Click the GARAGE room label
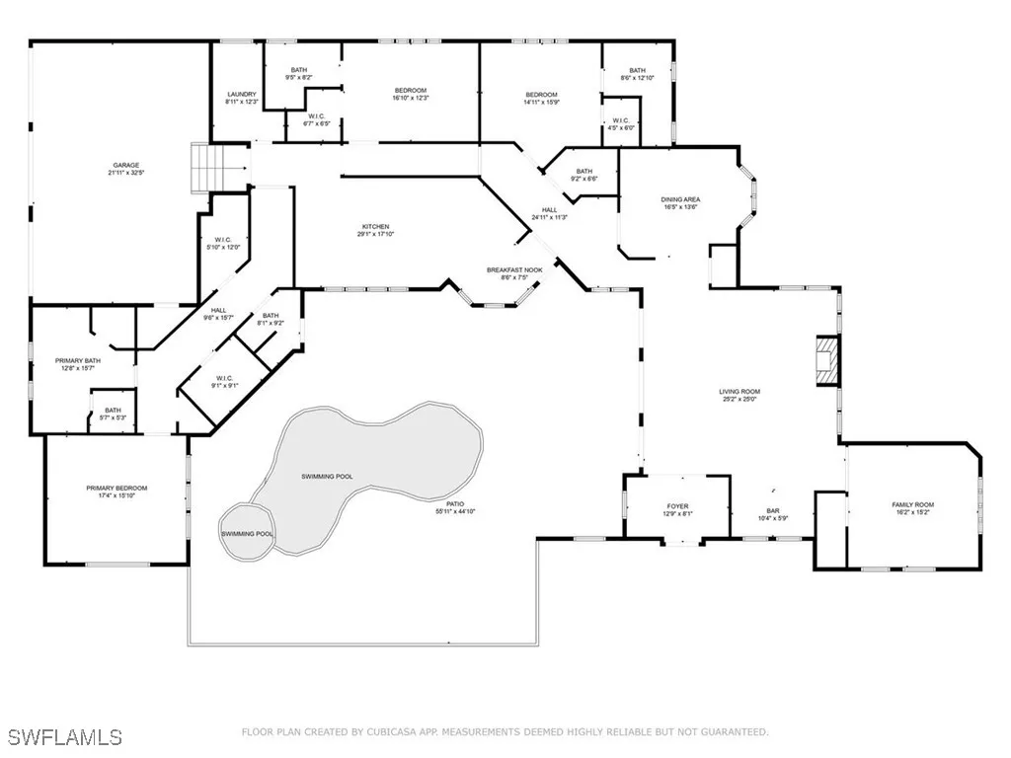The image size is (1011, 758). tap(124, 165)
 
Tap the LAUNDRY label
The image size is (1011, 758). tap(242, 95)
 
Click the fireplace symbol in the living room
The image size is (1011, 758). tap(825, 361)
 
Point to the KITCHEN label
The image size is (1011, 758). tap(374, 227)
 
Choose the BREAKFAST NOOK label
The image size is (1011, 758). tap(513, 269)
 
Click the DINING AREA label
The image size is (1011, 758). tap(680, 199)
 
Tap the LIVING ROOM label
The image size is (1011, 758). tap(739, 391)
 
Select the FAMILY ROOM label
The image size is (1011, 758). tap(912, 504)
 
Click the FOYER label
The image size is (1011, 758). tap(677, 506)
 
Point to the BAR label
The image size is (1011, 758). tap(773, 511)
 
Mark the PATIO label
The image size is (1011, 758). tap(455, 504)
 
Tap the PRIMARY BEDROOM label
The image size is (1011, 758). tap(117, 489)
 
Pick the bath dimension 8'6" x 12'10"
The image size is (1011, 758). tap(637, 78)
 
